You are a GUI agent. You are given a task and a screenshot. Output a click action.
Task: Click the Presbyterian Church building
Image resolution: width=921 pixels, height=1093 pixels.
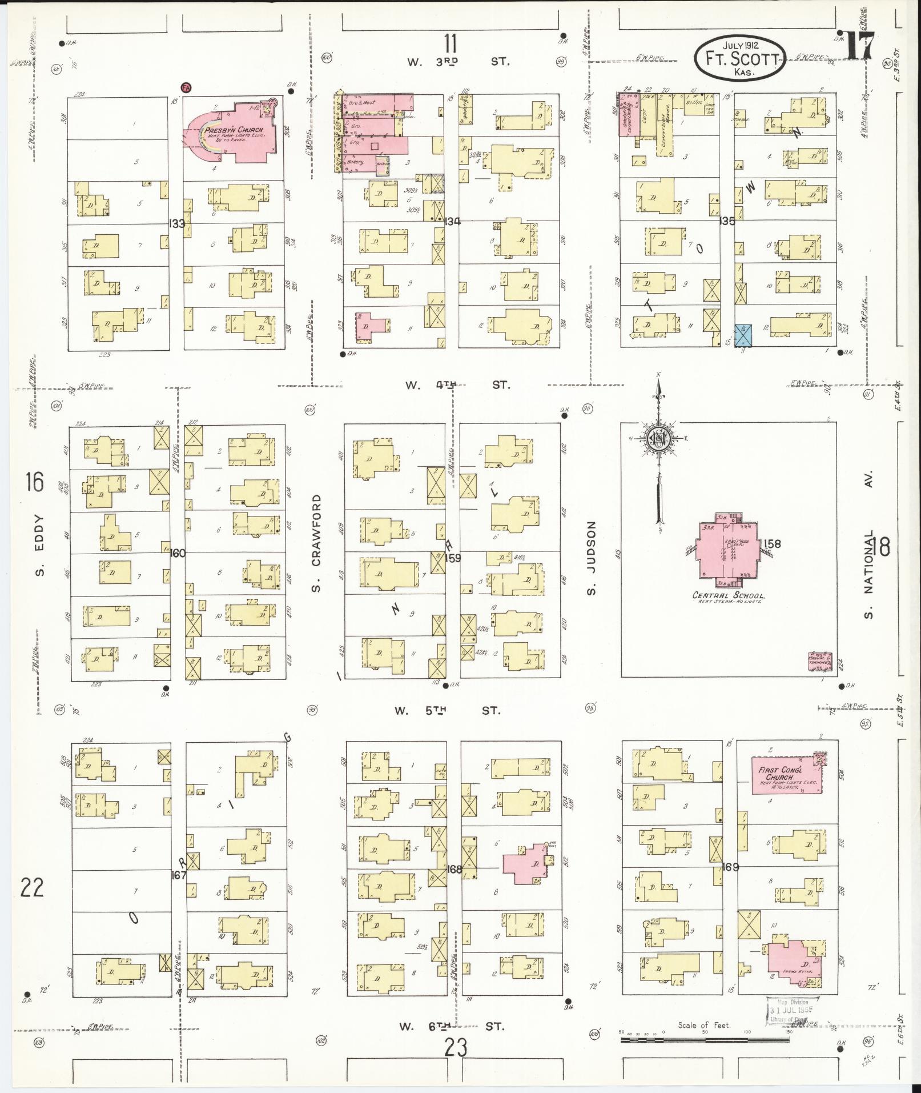(x=234, y=134)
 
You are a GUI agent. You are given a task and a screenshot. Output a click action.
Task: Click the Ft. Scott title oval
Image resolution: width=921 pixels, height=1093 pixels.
(x=741, y=59)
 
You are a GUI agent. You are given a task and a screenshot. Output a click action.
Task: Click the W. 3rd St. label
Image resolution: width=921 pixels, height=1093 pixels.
(x=457, y=61)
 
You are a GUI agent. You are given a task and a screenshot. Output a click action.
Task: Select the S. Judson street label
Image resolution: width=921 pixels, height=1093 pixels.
(x=592, y=557)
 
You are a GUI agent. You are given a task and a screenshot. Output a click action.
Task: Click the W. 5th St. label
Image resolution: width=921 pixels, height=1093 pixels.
(x=447, y=711)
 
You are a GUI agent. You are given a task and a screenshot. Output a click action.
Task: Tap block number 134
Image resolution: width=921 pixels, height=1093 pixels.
(x=453, y=222)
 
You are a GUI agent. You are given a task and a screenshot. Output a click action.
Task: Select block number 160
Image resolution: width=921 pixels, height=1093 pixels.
(x=178, y=552)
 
